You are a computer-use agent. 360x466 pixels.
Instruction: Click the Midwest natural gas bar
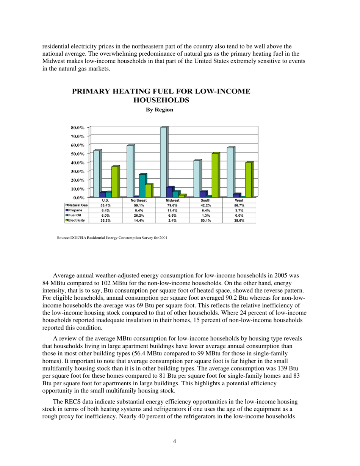coord(163,163)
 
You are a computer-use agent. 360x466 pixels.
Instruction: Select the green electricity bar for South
coord(214,175)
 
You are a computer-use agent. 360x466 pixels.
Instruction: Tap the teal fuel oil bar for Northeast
coord(142,186)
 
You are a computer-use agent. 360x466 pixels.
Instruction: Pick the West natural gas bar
coord(230,172)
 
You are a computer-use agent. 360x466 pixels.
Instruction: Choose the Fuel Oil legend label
coord(74,215)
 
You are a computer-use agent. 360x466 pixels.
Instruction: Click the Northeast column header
coord(139,200)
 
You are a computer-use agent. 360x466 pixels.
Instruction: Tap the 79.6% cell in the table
coord(172,205)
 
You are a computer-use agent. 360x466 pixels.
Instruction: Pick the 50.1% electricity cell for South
coord(206,220)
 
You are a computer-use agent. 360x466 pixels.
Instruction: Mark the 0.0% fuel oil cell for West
coord(239,215)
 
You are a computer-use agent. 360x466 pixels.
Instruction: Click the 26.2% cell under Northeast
coord(139,215)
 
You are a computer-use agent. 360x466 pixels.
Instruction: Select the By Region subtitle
coord(160,110)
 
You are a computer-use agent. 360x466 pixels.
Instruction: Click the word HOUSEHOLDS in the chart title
coord(161,100)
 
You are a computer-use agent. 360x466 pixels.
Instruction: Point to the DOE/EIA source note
coord(112,238)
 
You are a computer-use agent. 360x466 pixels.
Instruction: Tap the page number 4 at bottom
coord(174,441)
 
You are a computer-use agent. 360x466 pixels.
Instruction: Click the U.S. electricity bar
coord(114,182)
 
